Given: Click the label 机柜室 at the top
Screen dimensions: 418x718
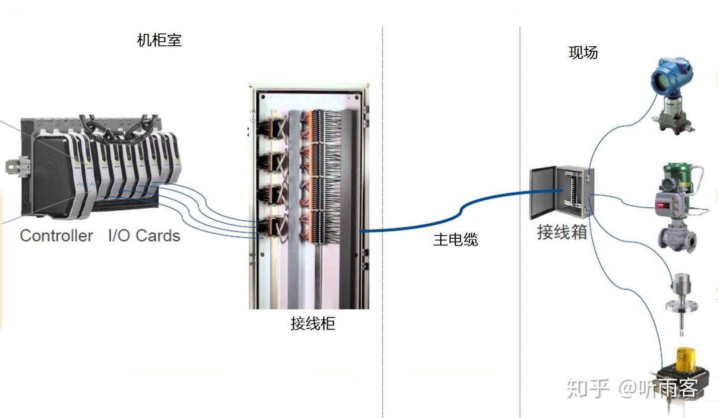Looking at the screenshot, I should tap(159, 40).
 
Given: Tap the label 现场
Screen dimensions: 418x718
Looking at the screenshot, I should tap(583, 52).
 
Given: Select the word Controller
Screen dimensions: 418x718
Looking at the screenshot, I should tap(56, 235).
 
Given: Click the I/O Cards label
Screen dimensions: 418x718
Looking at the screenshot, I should tap(144, 235).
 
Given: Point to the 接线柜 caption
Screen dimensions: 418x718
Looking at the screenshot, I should tap(313, 323).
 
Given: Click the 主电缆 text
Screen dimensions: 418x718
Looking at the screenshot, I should tap(455, 240).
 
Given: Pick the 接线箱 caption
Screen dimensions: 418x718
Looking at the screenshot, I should tap(561, 232).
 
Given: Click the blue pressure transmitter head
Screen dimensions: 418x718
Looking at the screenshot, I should tap(672, 75).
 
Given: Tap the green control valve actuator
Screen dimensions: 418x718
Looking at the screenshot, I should tap(679, 177).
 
